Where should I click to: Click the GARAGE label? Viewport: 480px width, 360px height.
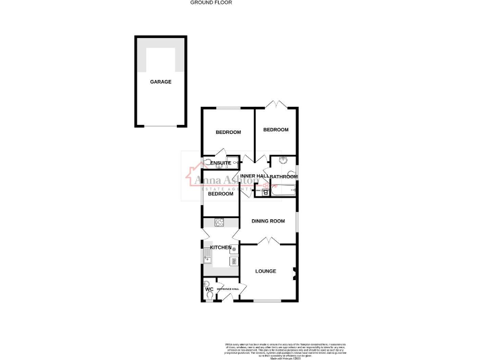point(160,82)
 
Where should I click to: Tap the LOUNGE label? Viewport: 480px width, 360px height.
point(266,271)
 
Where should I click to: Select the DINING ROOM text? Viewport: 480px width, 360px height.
point(269,221)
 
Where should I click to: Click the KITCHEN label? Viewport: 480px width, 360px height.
point(220,248)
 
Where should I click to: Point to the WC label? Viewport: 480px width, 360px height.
point(209,289)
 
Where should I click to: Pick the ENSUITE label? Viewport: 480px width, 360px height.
point(220,164)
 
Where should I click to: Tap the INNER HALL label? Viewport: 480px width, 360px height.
point(254,177)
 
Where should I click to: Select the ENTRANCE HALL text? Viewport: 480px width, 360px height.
point(227,289)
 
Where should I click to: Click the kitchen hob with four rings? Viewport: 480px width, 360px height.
point(219,222)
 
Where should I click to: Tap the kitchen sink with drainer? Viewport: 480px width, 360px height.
point(207,256)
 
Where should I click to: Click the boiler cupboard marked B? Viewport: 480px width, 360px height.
point(265,192)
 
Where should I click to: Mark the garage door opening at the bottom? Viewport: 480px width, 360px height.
point(161,126)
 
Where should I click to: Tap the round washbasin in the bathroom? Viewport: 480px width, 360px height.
point(282,159)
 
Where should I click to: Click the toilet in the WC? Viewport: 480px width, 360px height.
point(207,296)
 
